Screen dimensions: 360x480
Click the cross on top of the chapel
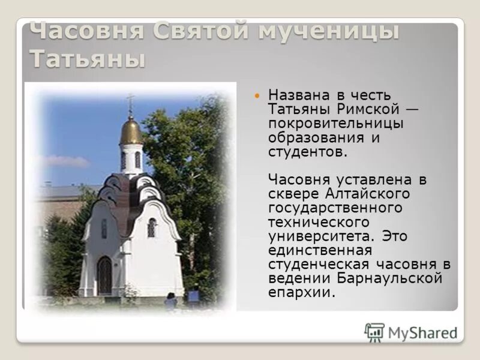[x=131, y=103]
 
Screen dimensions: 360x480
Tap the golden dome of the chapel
[x=131, y=130]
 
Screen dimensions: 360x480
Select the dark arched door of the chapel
[x=104, y=275]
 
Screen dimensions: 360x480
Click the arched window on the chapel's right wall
[x=152, y=227]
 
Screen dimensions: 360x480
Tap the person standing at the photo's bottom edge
[x=171, y=300]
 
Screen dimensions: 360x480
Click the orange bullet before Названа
[x=258, y=96]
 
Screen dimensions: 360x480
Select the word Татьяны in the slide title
[x=88, y=59]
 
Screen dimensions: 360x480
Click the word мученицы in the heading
[x=328, y=31]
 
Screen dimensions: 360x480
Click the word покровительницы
[x=335, y=123]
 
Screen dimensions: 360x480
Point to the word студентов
[x=307, y=151]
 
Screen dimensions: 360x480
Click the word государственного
[x=334, y=208]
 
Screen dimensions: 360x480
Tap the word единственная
[x=320, y=250]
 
